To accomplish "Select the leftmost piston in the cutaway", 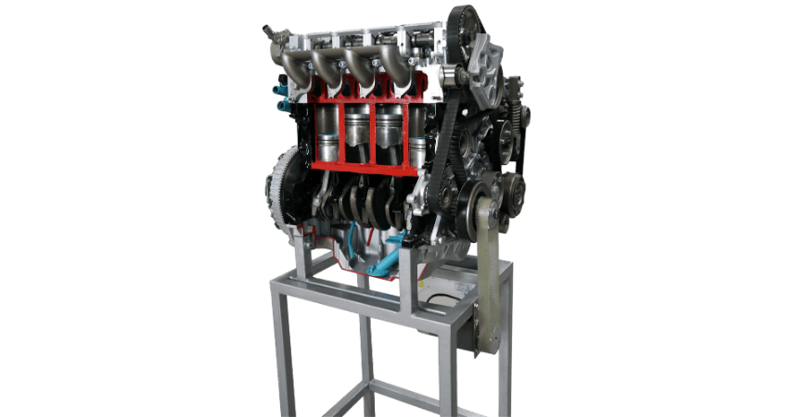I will [x=327, y=134].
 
